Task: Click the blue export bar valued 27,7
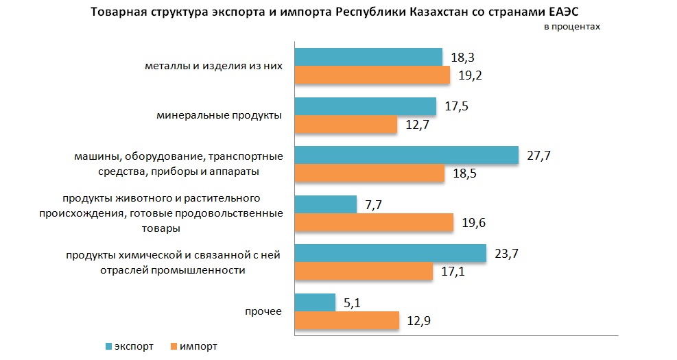tap(406, 156)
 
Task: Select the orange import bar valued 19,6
tap(374, 222)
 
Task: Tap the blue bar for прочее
tap(315, 303)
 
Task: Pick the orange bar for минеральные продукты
tap(346, 124)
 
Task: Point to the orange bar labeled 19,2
tap(372, 75)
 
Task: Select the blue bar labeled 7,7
tap(326, 204)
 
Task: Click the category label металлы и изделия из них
tap(214, 67)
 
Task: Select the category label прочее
tap(263, 312)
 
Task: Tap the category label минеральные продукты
tap(219, 115)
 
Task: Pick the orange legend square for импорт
tap(173, 346)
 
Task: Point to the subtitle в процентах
tap(571, 26)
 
